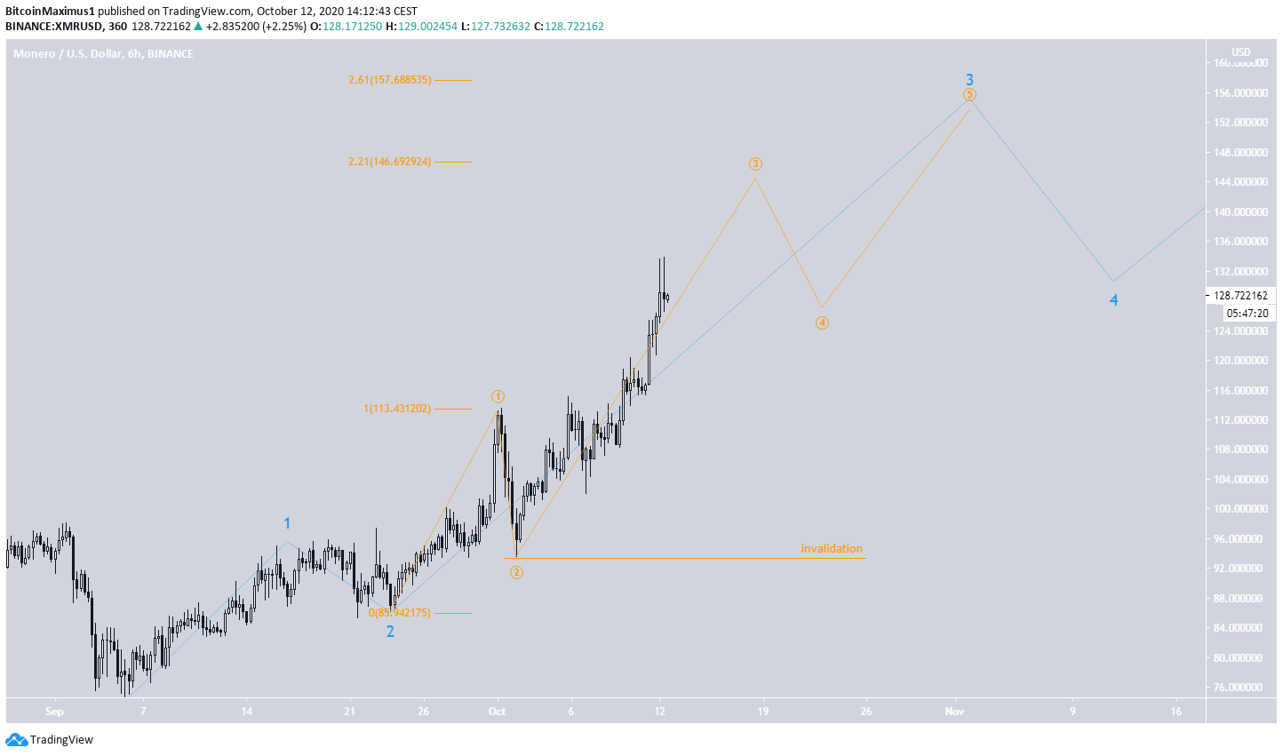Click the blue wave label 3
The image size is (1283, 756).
pyautogui.click(x=970, y=79)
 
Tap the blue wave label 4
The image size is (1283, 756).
pyautogui.click(x=1113, y=300)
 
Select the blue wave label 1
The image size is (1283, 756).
pyautogui.click(x=287, y=523)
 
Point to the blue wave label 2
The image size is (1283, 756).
pyautogui.click(x=390, y=632)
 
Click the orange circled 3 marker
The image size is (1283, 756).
pyautogui.click(x=755, y=163)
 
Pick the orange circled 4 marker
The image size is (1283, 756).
pyautogui.click(x=822, y=322)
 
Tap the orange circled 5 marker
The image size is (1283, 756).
pyautogui.click(x=969, y=94)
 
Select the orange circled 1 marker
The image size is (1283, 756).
pyautogui.click(x=498, y=396)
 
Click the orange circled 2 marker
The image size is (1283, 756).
pyautogui.click(x=516, y=572)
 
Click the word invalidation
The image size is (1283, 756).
pyautogui.click(x=831, y=548)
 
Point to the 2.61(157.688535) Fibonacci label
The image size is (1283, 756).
pyautogui.click(x=390, y=80)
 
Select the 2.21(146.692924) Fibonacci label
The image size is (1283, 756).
pyautogui.click(x=390, y=162)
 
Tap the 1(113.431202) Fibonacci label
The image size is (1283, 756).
pyautogui.click(x=397, y=409)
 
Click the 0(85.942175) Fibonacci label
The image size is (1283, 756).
pyautogui.click(x=399, y=613)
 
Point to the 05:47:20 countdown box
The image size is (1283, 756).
pyautogui.click(x=1247, y=313)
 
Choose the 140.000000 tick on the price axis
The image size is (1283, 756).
pyautogui.click(x=1239, y=211)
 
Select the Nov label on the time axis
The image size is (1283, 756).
pyautogui.click(x=955, y=711)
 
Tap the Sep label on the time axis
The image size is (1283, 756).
pyautogui.click(x=54, y=711)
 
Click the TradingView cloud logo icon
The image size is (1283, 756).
pyautogui.click(x=16, y=739)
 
